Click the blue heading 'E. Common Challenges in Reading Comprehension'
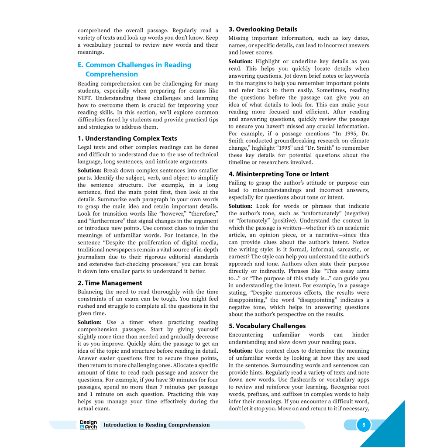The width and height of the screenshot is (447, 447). click(134, 69)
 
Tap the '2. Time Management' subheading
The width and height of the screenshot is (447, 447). click(110, 283)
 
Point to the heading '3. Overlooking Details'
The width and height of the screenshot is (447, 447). click(263, 29)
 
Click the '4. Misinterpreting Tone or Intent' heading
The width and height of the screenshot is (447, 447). click(279, 174)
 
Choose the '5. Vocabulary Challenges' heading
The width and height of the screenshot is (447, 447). click(267, 326)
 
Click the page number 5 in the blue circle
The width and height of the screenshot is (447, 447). click(364, 425)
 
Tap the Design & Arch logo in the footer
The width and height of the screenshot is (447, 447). click(89, 425)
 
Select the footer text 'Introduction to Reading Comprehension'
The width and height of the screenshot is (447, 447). click(156, 425)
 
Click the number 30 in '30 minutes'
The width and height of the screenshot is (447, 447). click(172, 380)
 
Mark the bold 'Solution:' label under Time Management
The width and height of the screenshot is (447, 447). click(89, 322)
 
